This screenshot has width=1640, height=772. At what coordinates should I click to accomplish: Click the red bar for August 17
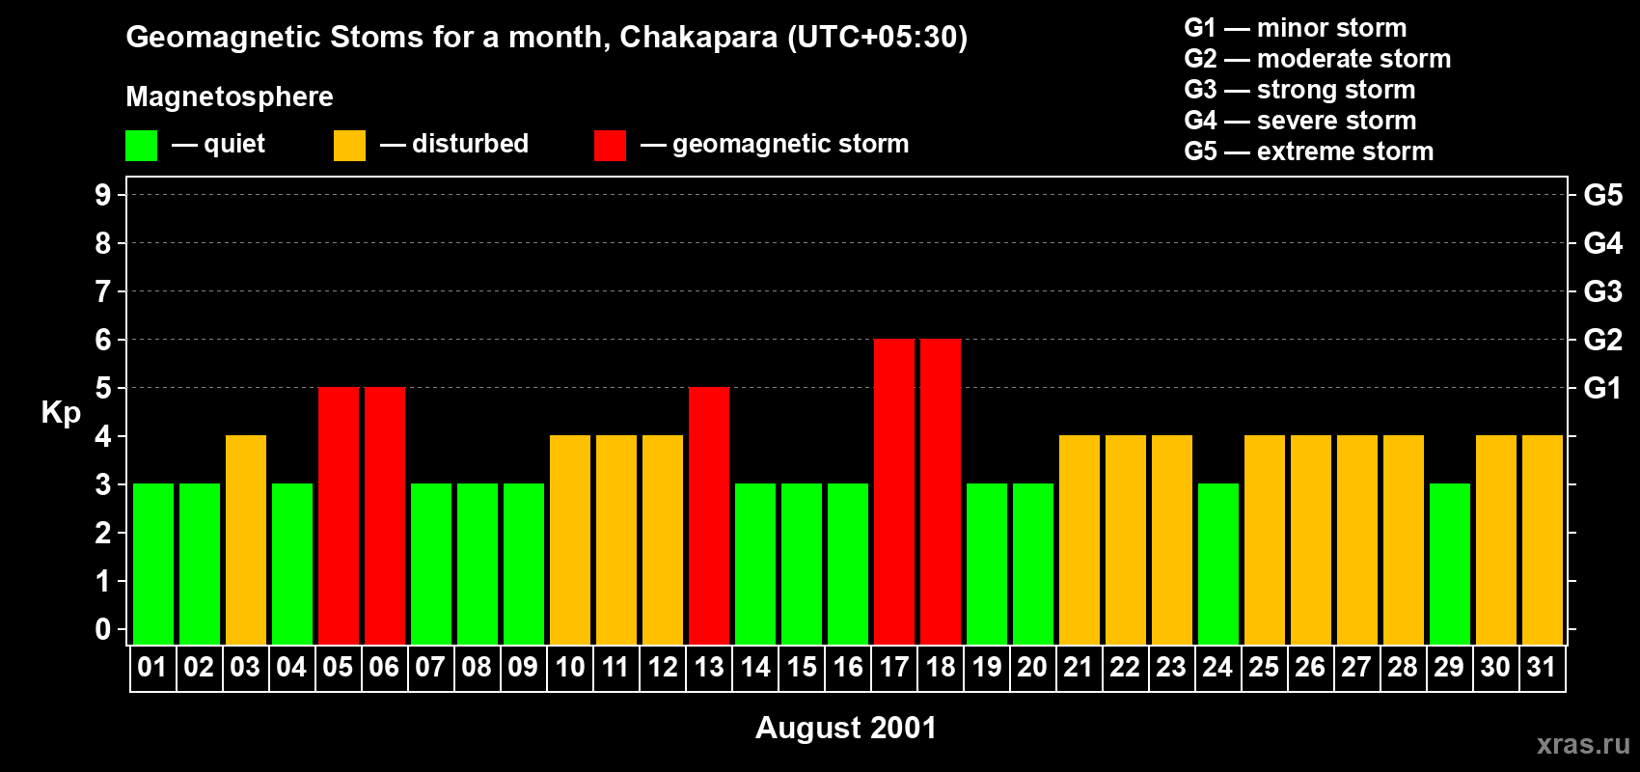894,491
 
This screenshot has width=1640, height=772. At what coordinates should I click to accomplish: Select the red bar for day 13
709,515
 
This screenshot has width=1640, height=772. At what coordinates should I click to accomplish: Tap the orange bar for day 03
246,539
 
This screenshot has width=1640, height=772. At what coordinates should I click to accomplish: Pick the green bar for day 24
1218,564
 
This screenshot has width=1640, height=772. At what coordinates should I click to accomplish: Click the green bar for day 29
1450,564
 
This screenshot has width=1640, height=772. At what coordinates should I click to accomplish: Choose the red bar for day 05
339,515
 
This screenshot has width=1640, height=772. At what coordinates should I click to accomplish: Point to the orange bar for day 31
1543,539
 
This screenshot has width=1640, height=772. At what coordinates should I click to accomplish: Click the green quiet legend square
142,146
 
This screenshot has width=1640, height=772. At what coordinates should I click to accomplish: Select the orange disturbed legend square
350,146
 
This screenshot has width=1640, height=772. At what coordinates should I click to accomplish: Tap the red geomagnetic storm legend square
610,146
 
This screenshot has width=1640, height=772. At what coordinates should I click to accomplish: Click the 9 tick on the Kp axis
103,195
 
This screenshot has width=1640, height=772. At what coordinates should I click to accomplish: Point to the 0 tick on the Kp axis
103,630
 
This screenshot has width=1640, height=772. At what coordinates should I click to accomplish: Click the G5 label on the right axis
1602,195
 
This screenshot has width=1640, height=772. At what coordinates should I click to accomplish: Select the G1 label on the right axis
1602,388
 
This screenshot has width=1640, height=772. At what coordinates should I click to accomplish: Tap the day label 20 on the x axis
1032,667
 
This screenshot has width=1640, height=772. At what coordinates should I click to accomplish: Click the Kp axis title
61,412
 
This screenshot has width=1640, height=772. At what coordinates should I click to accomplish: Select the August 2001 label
845,728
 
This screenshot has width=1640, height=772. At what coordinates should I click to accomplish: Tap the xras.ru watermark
1583,743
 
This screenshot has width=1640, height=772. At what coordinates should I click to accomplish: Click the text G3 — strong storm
1299,90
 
